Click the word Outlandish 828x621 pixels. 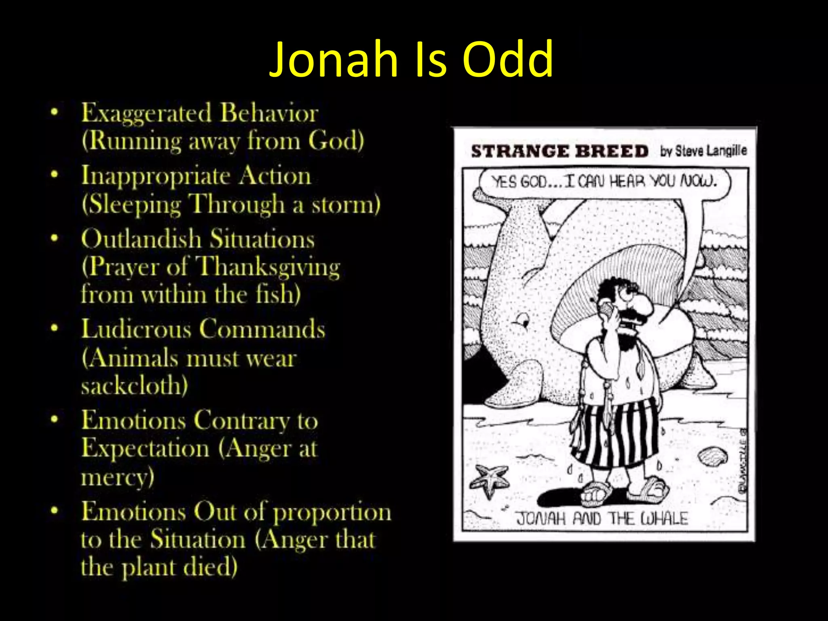141,239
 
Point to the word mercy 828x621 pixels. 117,477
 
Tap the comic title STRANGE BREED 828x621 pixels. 560,151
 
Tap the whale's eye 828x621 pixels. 524,323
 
